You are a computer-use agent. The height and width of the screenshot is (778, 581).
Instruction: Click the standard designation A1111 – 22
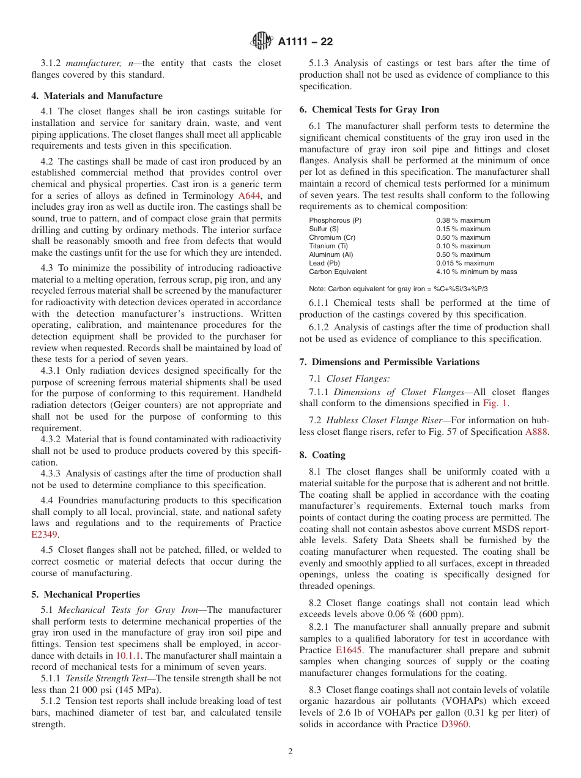tap(305, 42)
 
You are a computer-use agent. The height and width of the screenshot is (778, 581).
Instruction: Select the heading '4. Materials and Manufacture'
tap(97, 96)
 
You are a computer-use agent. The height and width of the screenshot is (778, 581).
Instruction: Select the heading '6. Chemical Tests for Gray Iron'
tap(369, 109)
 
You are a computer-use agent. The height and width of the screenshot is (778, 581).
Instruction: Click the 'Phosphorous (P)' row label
tap(335, 220)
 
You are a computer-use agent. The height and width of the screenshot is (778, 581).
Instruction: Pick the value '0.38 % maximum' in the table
tap(463, 220)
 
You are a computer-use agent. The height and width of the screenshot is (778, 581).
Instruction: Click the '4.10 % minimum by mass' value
tap(476, 272)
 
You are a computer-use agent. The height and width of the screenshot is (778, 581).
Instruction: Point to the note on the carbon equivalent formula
tap(398, 289)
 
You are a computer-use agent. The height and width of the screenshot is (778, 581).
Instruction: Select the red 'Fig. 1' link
tap(494, 403)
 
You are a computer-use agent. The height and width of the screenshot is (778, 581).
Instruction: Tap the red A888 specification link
tap(537, 432)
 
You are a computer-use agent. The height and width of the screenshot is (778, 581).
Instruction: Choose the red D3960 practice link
tap(454, 724)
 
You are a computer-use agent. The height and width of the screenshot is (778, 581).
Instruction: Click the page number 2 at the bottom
tap(290, 752)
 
